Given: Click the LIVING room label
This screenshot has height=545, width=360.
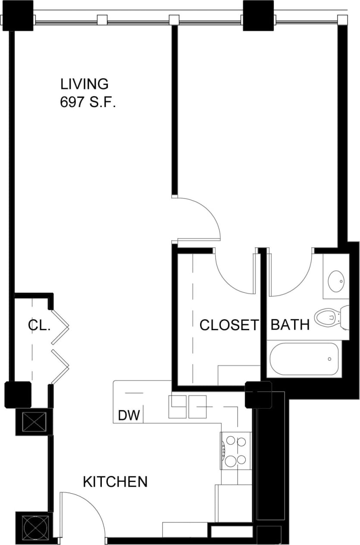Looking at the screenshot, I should coord(84,84).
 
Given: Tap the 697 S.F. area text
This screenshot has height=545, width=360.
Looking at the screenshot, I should coord(88,103).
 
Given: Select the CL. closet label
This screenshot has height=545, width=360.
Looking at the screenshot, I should coord(39,325).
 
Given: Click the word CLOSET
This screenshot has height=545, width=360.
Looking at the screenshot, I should coord(229,325).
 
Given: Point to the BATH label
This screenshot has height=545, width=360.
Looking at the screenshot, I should coord(290,324).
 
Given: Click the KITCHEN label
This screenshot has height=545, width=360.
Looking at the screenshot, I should coord(115,482).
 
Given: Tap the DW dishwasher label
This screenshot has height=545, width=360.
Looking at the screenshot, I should coord(129,416).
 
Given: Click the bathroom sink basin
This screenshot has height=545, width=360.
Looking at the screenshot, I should coord(336,282).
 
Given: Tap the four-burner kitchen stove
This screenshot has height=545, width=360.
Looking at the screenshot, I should coord(235,450).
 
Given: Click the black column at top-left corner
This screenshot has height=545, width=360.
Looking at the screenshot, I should coord(18,16).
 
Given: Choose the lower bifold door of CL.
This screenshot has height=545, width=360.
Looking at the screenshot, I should coord(60,366).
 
